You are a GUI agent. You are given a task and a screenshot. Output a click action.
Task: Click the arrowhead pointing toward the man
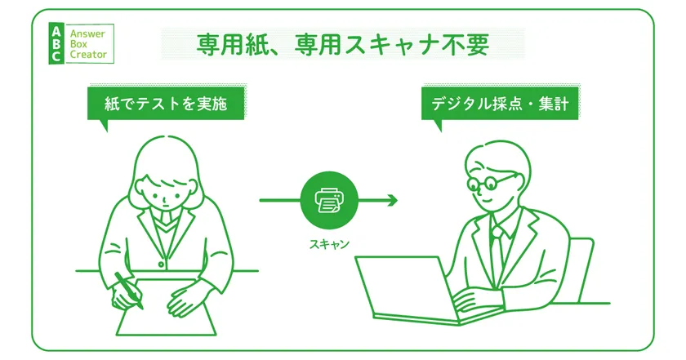point(393,200)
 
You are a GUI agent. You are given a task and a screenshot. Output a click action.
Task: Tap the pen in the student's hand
point(129,290)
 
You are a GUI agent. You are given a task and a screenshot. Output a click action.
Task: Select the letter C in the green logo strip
point(56,56)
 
